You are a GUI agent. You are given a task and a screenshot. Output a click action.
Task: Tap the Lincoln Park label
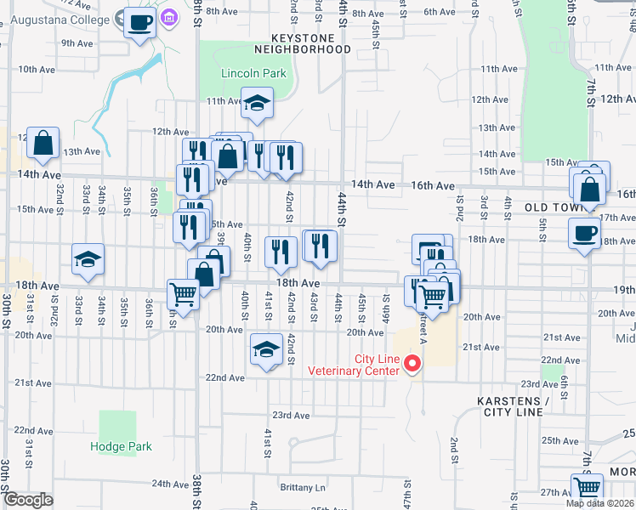[253, 73]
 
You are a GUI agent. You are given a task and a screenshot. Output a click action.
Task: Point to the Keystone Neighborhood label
[311, 43]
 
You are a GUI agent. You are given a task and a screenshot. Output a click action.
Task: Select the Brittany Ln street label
[303, 488]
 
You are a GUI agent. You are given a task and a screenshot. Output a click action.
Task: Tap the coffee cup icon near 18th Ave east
[585, 232]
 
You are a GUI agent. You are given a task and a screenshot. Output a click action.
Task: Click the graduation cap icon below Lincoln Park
[257, 104]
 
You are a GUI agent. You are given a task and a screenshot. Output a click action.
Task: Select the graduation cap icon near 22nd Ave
[266, 348]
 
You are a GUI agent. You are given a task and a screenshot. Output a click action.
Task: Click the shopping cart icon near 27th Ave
[587, 488]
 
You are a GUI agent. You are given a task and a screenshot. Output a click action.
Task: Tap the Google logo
[28, 501]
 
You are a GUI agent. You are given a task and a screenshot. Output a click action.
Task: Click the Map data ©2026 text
[600, 503]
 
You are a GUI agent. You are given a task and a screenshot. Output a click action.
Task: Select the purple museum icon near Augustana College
[170, 17]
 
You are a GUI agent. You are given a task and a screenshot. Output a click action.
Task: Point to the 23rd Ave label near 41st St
[291, 415]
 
